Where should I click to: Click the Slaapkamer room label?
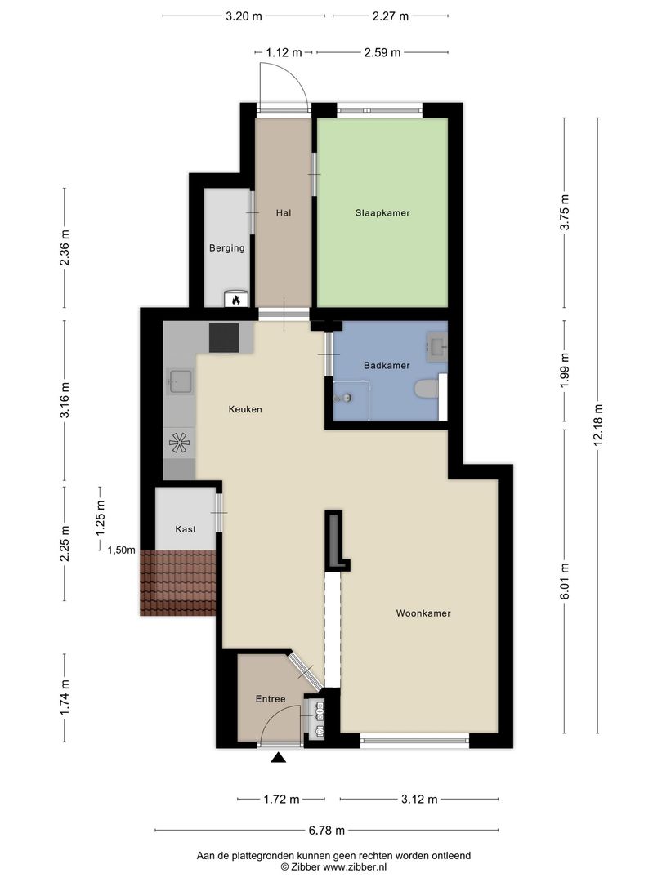tap(382, 212)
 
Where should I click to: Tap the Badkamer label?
tap(386, 365)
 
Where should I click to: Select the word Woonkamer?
tap(423, 612)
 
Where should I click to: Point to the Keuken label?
tap(245, 409)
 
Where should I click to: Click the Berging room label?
tap(227, 248)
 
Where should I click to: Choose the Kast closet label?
tap(186, 528)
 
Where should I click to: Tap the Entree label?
tap(271, 698)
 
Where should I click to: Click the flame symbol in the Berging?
tap(236, 300)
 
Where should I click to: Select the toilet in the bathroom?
tap(426, 389)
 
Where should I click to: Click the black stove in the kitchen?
tap(224, 338)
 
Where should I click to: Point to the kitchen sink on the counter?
tap(180, 382)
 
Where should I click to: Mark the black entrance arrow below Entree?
tap(279, 758)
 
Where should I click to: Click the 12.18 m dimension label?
tap(597, 425)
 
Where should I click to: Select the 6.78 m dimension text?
tap(326, 830)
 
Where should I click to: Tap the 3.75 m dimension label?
tap(565, 212)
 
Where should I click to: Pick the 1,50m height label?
tap(122, 550)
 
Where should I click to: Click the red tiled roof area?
tap(178, 583)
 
